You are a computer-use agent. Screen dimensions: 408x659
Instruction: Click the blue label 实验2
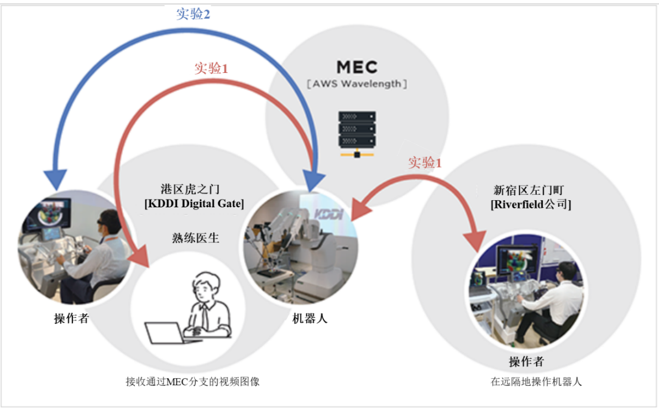pos(193,14)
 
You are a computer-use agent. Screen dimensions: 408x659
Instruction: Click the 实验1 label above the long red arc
pos(211,69)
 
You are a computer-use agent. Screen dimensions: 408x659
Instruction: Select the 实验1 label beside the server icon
pos(425,163)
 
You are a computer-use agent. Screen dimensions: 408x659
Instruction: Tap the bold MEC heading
pos(357,67)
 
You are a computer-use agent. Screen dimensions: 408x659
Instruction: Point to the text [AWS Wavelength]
pos(357,84)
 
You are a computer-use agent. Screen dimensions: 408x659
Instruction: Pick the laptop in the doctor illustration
pos(165,333)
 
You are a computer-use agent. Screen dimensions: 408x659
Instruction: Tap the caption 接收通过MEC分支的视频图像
pos(192,381)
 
